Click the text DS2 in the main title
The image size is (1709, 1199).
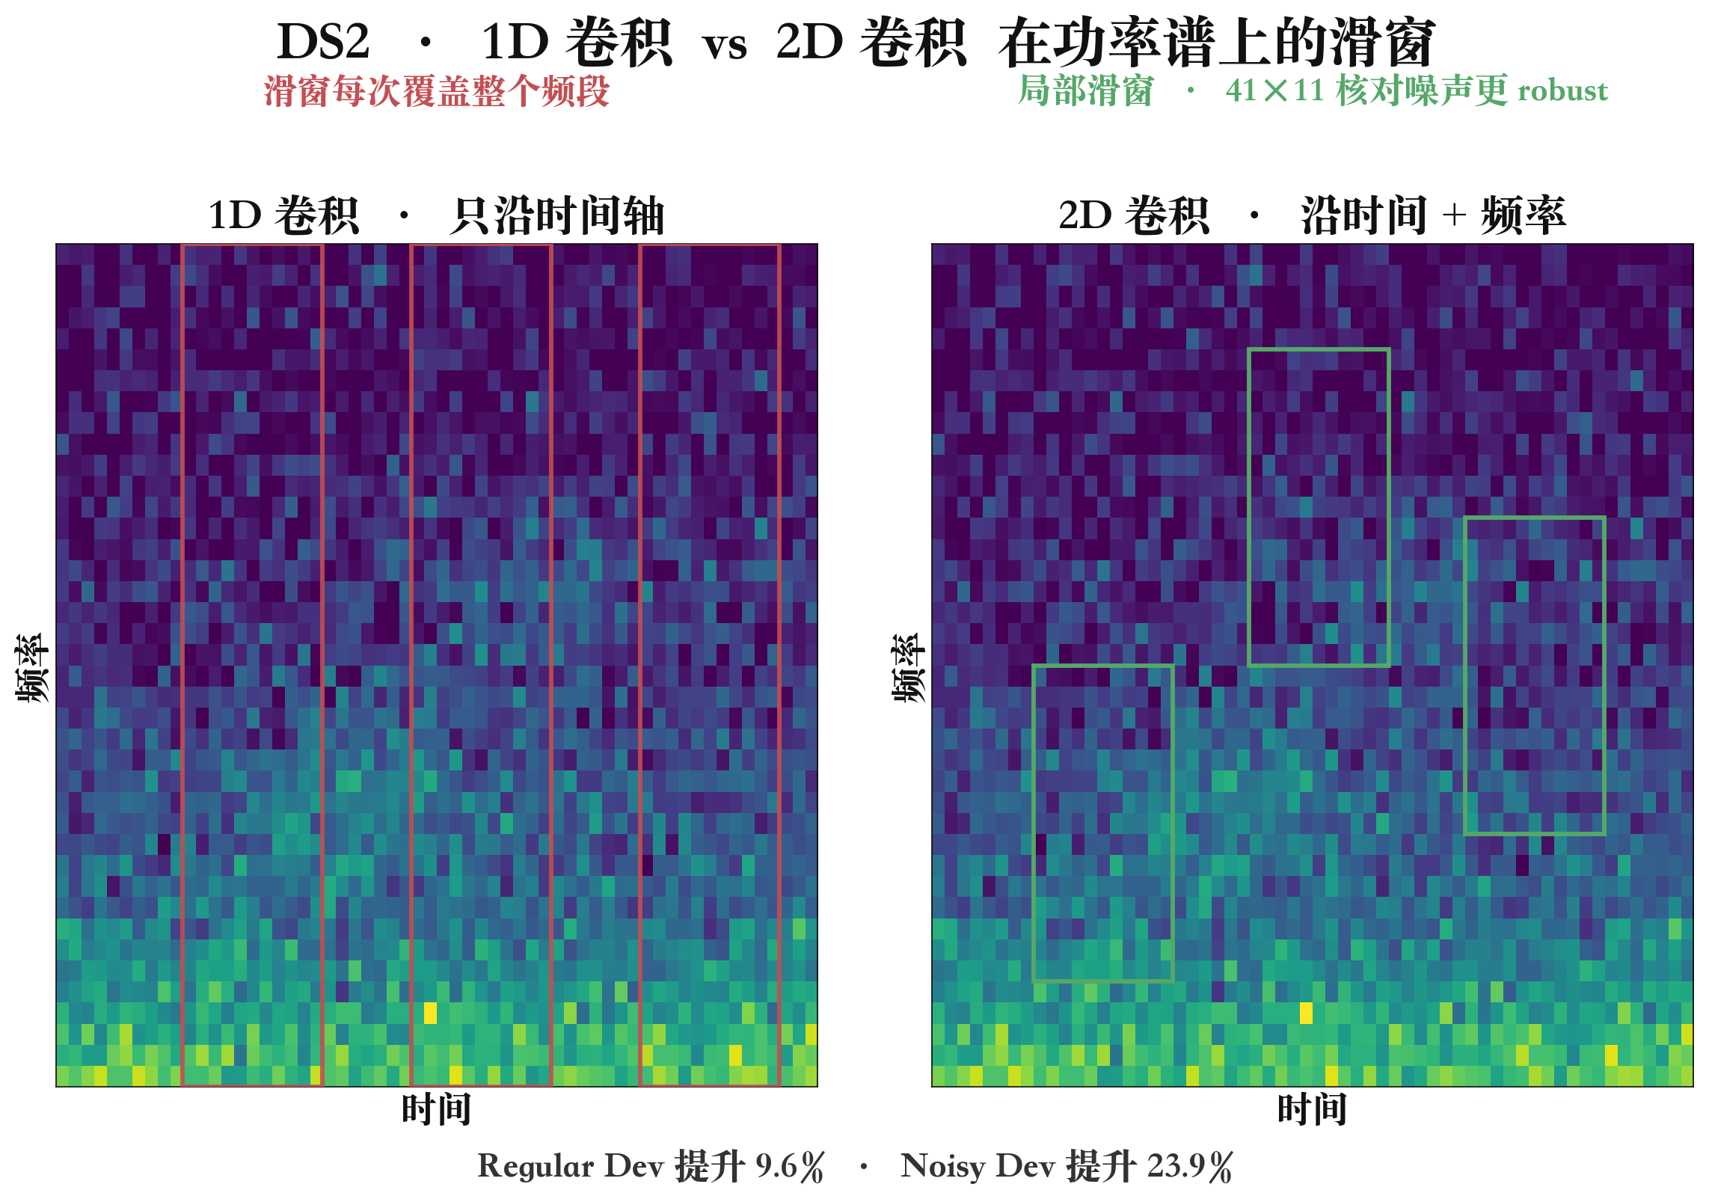[x=323, y=42]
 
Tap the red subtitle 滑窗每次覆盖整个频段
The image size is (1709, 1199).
[x=437, y=91]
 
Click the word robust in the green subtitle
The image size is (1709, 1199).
[x=1562, y=91]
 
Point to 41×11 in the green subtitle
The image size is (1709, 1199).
[x=1275, y=91]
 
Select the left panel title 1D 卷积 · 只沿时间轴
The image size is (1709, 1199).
[x=436, y=215]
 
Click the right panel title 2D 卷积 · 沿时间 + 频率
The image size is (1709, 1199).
[x=1312, y=215]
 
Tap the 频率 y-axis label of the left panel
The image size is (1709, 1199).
[x=32, y=667]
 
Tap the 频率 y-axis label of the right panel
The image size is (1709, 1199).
[x=908, y=667]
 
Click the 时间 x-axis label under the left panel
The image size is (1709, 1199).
[x=437, y=1108]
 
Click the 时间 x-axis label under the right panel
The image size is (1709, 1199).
[x=1312, y=1108]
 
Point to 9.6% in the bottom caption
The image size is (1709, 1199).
[x=789, y=1166]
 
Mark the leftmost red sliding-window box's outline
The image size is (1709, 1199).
[x=182, y=664]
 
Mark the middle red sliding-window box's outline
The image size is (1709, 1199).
[x=411, y=664]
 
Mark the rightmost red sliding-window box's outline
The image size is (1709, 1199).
[x=640, y=664]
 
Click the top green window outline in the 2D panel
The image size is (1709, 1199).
[x=1250, y=507]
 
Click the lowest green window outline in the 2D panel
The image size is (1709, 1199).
[x=1034, y=823]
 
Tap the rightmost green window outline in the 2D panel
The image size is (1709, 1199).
[x=1465, y=675]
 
